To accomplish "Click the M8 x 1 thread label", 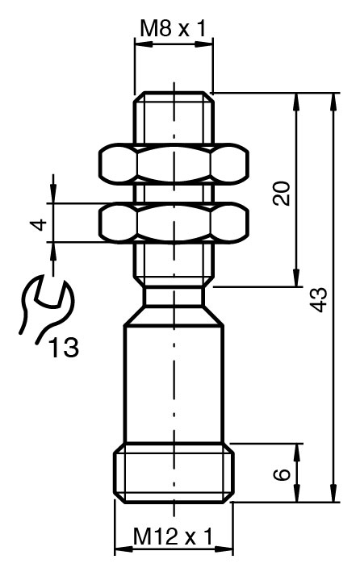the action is click(x=174, y=29).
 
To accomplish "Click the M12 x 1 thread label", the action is click(x=173, y=536).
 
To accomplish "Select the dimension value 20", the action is click(x=282, y=193).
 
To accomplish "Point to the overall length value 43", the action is click(x=318, y=299).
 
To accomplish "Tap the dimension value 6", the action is click(x=282, y=474).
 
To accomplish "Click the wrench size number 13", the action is click(x=64, y=347).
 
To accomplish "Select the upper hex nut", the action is click(x=174, y=162).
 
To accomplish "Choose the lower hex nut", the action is click(x=174, y=223).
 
